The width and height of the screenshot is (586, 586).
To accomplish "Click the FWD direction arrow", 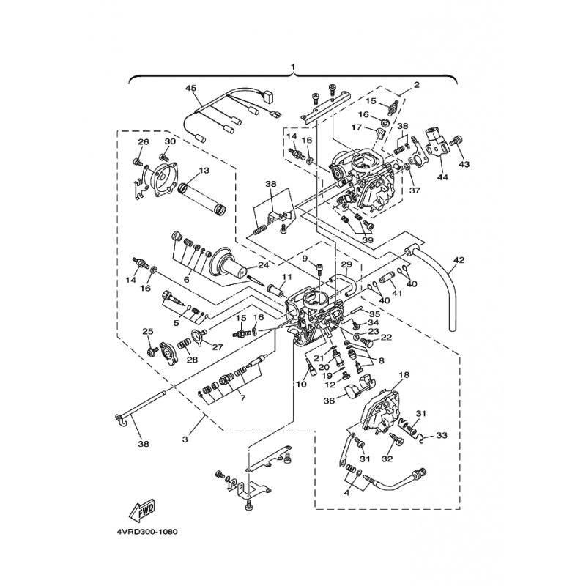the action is (141, 511).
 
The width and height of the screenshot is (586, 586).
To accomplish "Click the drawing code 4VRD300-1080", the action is (147, 532).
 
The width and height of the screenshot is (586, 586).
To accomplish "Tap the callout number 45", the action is (190, 88).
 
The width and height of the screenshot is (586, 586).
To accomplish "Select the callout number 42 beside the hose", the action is (459, 260).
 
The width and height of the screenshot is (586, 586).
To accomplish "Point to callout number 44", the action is (442, 177).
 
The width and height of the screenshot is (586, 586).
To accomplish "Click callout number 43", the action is (464, 164).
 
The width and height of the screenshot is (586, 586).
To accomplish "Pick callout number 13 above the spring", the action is (204, 171).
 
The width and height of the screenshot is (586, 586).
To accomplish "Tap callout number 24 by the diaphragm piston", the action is (264, 266).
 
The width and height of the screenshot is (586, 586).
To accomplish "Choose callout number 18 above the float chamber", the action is (404, 374).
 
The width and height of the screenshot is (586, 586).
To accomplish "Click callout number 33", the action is (442, 435).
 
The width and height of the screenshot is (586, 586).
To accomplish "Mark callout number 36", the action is (329, 400).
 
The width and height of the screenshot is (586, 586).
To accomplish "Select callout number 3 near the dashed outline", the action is (185, 439).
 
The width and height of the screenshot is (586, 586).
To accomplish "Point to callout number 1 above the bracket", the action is (294, 67).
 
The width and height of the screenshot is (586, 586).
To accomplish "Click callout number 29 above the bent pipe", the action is (346, 264).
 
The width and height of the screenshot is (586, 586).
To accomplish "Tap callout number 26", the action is (144, 141).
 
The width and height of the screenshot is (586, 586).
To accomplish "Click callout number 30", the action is (170, 141).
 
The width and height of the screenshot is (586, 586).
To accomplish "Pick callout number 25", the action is (148, 332).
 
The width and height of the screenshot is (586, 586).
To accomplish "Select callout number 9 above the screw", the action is (305, 258).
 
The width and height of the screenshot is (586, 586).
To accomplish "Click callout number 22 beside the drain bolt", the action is (387, 337).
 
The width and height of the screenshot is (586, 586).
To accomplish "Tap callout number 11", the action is (286, 277).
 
